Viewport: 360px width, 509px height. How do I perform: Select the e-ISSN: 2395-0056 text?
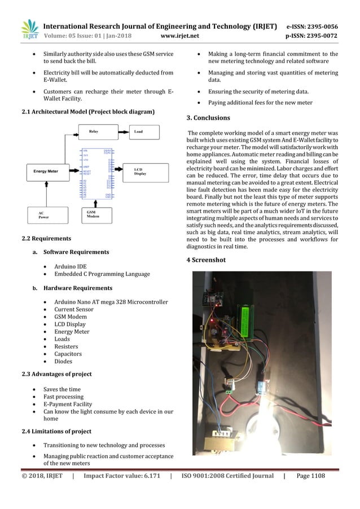tap(312, 26)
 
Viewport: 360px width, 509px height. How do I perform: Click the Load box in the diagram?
tap(142, 131)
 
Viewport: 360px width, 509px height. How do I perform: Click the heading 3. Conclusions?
tap(208, 118)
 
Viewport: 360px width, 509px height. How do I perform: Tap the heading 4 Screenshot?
tap(206, 260)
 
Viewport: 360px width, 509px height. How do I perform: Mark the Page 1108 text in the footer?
tap(310, 476)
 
